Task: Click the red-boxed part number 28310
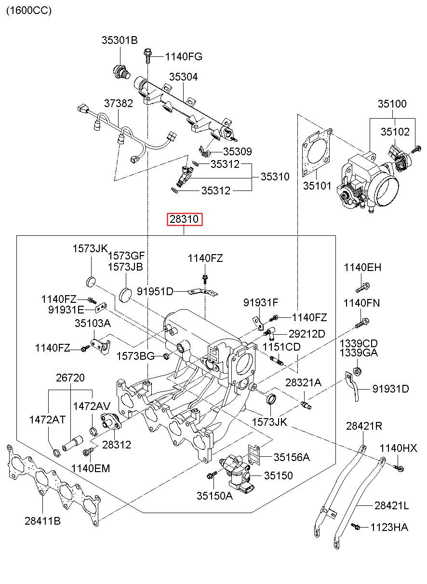pos(185,220)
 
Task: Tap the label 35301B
pos(119,41)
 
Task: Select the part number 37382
pos(119,103)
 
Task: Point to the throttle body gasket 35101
pos(316,153)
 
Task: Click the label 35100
pos(392,104)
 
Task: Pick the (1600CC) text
pos(28,10)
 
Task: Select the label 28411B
pos(43,520)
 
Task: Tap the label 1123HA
pos(389,527)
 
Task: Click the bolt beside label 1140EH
pos(362,287)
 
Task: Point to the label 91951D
pos(155,291)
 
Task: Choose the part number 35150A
pos(214,495)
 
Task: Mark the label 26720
pos(70,378)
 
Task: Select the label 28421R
pos(364,426)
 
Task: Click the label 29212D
pos(307,334)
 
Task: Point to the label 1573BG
pos(135,356)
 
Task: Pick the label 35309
pos(237,152)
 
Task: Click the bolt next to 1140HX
pos(399,467)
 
